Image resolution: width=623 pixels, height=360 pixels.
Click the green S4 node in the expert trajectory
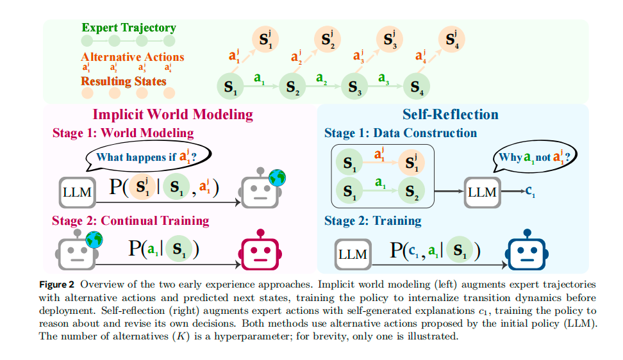417,86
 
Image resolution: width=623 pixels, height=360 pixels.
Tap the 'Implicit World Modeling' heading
173,115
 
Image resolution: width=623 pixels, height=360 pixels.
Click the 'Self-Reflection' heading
450,115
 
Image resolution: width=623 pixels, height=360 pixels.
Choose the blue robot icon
526,252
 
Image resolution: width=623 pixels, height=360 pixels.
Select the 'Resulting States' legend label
124,81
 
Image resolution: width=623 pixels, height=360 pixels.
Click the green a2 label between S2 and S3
322,78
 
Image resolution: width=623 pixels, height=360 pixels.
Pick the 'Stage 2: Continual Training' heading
131,221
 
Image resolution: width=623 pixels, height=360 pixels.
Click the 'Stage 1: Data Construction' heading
401,133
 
